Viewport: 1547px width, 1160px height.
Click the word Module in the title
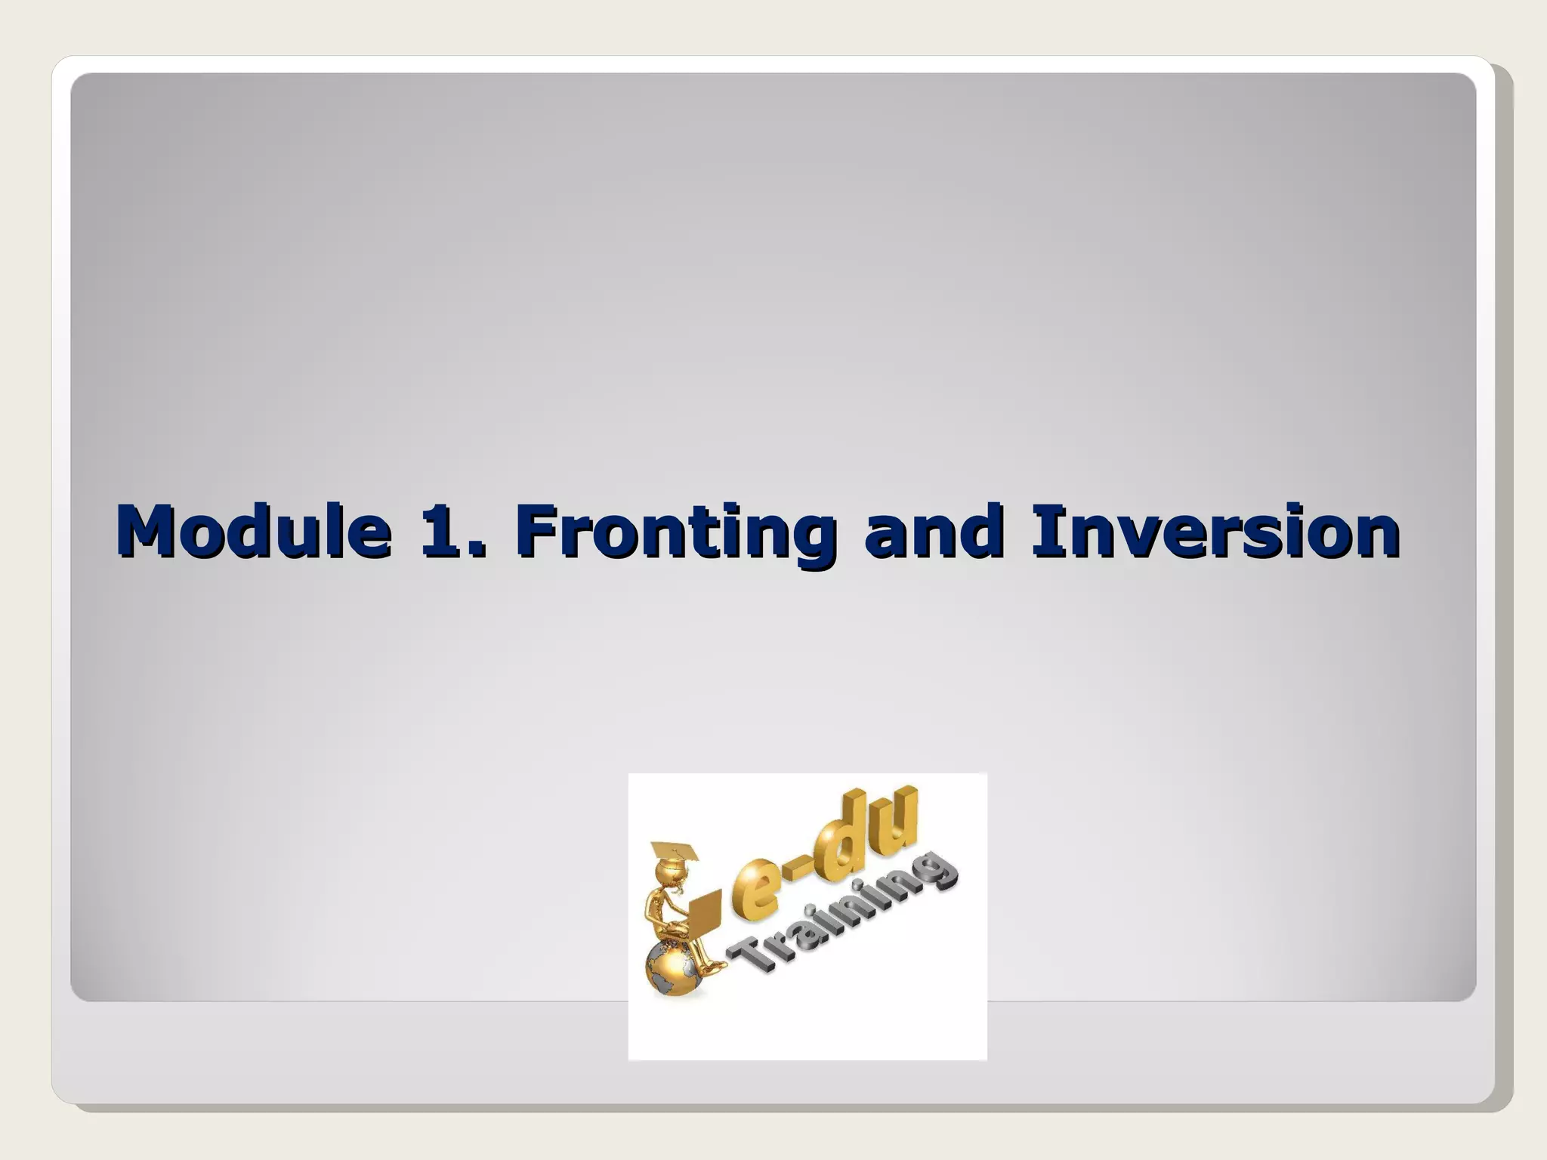click(254, 532)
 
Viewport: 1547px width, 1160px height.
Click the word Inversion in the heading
click(1215, 532)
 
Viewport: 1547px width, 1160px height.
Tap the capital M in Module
click(147, 532)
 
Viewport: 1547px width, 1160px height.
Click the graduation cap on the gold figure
click(675, 852)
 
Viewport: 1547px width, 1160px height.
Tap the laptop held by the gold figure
click(706, 914)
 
